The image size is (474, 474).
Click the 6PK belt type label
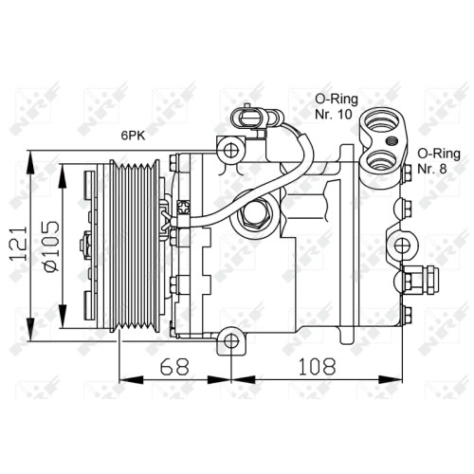pos(133,136)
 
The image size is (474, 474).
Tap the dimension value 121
pos(19,244)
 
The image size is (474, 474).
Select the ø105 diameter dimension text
pos(52,246)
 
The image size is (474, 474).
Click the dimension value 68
pos(174,367)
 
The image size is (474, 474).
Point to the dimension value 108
pos(317,367)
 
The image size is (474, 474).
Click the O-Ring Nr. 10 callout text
pos(337,107)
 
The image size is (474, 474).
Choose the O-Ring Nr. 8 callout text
pos(439,161)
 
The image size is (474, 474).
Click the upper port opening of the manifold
pos(382,121)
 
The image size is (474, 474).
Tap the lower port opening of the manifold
pos(382,160)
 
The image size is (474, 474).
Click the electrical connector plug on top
pos(249,118)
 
